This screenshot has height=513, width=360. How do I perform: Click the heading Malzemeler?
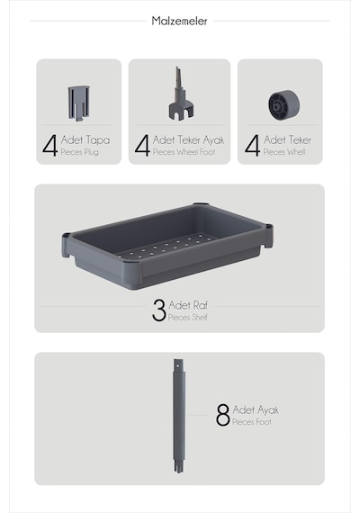pos(179,21)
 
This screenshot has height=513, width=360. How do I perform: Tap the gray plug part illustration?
pos(78,103)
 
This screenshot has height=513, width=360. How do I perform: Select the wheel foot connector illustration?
pos(180,94)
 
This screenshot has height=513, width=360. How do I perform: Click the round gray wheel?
pos(284,105)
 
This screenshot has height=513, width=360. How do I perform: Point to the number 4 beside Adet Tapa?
pos(50,145)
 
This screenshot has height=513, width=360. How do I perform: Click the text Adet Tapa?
pos(85,140)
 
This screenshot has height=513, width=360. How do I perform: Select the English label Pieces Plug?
pos(79,152)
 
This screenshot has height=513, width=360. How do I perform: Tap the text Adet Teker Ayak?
pos(188,140)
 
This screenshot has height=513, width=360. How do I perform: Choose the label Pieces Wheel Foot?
pos(184,152)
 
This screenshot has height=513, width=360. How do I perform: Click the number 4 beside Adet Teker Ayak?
pos(142,145)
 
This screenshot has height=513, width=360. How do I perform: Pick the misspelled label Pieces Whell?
pos(284,152)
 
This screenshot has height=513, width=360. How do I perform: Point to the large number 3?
pos(159,310)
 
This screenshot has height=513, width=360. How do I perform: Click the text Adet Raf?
pos(188,305)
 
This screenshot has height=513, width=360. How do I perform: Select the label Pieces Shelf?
pos(188,317)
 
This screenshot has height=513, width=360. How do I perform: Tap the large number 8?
pos(223,415)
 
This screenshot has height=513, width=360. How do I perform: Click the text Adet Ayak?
pos(256,409)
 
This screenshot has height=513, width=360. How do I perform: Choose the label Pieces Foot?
pos(252,422)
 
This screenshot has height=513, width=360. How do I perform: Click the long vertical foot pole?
pos(179,416)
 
